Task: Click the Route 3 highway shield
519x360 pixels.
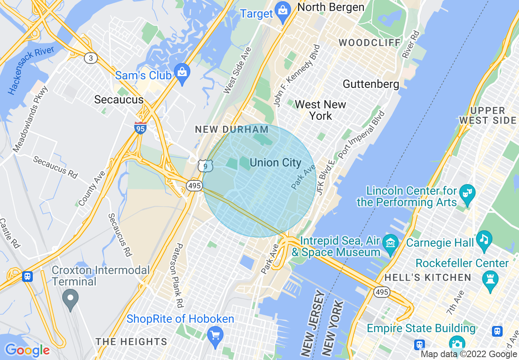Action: (91, 58)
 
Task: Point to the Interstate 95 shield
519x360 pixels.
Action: (140, 128)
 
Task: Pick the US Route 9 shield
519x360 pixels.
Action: (205, 166)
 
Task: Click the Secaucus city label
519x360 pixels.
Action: (119, 99)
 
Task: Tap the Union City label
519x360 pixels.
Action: (275, 162)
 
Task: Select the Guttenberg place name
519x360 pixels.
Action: (371, 84)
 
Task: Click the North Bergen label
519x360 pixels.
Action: (331, 7)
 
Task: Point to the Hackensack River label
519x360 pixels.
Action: (31, 70)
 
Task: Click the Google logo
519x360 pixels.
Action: (27, 350)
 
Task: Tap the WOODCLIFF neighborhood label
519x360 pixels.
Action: (370, 43)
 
